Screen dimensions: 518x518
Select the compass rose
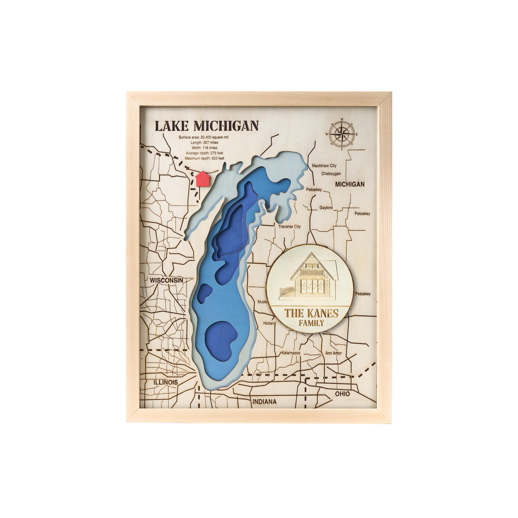[342, 134]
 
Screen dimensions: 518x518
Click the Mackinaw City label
[324, 166]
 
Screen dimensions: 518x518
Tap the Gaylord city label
[326, 208]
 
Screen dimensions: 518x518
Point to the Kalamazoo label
[290, 353]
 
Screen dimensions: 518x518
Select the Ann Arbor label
[334, 353]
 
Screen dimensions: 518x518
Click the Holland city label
[269, 323]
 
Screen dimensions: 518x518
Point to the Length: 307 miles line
[205, 143]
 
